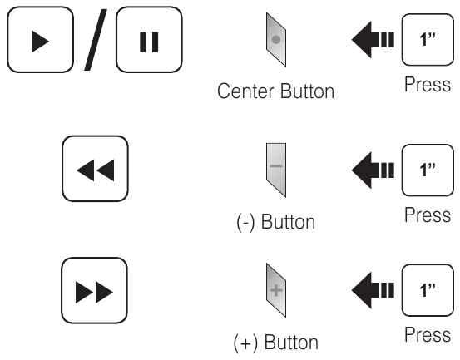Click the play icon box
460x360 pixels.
[x=40, y=40]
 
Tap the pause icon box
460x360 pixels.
[x=149, y=40]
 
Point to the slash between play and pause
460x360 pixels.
[x=96, y=40]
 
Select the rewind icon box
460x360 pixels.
[x=95, y=169]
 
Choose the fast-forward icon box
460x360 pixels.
[x=95, y=290]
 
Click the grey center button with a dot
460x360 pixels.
[x=276, y=40]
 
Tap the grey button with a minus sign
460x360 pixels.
[x=276, y=170]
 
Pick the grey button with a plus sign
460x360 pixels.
[x=276, y=290]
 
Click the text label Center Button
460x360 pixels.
[x=276, y=91]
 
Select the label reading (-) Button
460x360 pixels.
[x=276, y=222]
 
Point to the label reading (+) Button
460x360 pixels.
[x=276, y=342]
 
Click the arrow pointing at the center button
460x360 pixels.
[x=373, y=40]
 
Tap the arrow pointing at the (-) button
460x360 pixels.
[x=373, y=170]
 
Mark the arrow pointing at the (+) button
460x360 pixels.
[x=373, y=290]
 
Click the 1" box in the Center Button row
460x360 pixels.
[x=428, y=40]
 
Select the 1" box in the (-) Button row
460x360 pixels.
[x=428, y=170]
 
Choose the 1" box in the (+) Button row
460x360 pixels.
[x=428, y=290]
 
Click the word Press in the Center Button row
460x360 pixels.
[x=428, y=85]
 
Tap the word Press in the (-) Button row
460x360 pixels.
[x=428, y=215]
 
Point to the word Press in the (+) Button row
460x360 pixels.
[x=428, y=335]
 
